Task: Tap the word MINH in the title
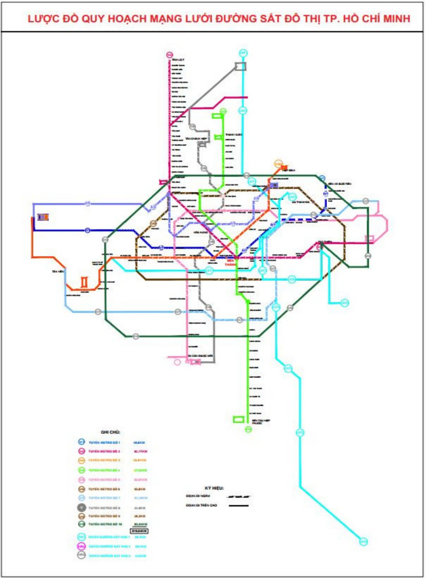[x=395, y=19]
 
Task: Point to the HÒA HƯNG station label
[x=200, y=232]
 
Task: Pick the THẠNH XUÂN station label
[x=234, y=135]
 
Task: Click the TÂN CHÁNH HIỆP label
[x=196, y=139]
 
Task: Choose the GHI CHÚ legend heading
[x=110, y=432]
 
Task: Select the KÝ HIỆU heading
[x=214, y=488]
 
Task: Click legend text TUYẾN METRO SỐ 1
[x=104, y=443]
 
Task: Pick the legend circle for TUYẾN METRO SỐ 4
[x=81, y=470]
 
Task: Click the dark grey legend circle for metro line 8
[x=81, y=508]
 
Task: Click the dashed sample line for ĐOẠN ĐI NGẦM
[x=238, y=496]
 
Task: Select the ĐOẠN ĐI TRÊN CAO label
[x=201, y=505]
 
